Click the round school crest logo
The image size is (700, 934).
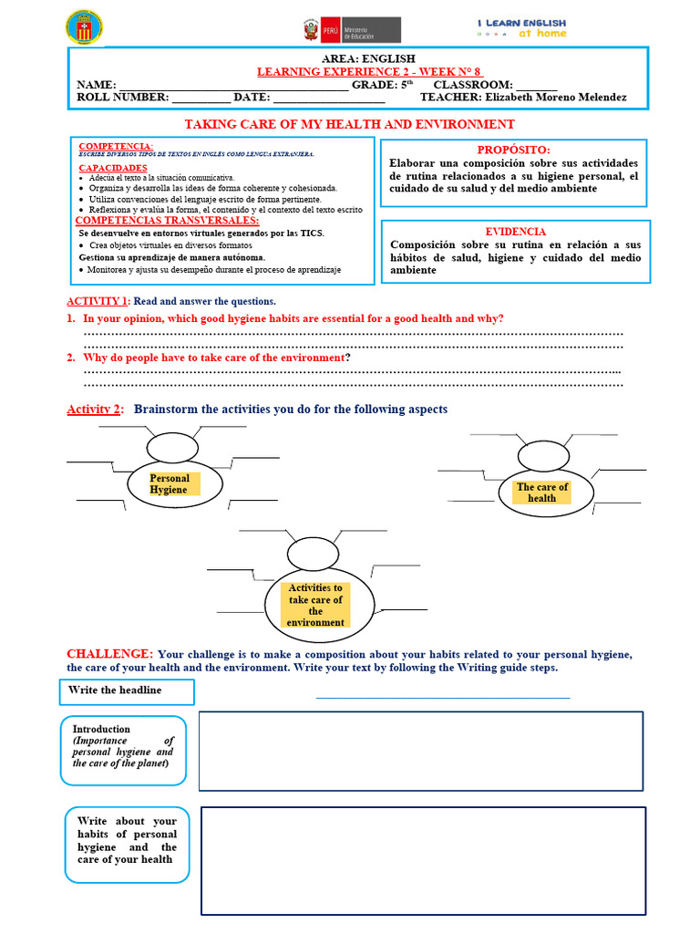(x=85, y=27)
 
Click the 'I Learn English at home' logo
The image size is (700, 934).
(x=521, y=27)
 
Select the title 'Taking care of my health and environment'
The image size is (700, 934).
(x=350, y=124)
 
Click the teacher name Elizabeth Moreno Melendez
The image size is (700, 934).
(x=556, y=98)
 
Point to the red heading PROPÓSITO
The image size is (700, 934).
(x=514, y=150)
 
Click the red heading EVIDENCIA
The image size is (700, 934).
(x=515, y=232)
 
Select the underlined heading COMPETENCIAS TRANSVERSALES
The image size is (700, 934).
(x=167, y=221)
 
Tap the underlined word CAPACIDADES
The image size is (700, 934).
(x=112, y=168)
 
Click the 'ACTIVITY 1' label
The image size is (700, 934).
(x=98, y=301)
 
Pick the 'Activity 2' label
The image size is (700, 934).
(x=94, y=410)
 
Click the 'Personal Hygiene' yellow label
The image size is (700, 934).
(x=170, y=484)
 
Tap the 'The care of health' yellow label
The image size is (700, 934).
(x=541, y=493)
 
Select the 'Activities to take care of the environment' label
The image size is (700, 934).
(x=315, y=605)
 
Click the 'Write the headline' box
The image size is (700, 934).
(x=130, y=691)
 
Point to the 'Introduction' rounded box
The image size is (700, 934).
(x=123, y=750)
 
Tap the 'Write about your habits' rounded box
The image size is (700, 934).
(x=127, y=846)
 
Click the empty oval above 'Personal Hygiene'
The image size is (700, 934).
(x=172, y=447)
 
